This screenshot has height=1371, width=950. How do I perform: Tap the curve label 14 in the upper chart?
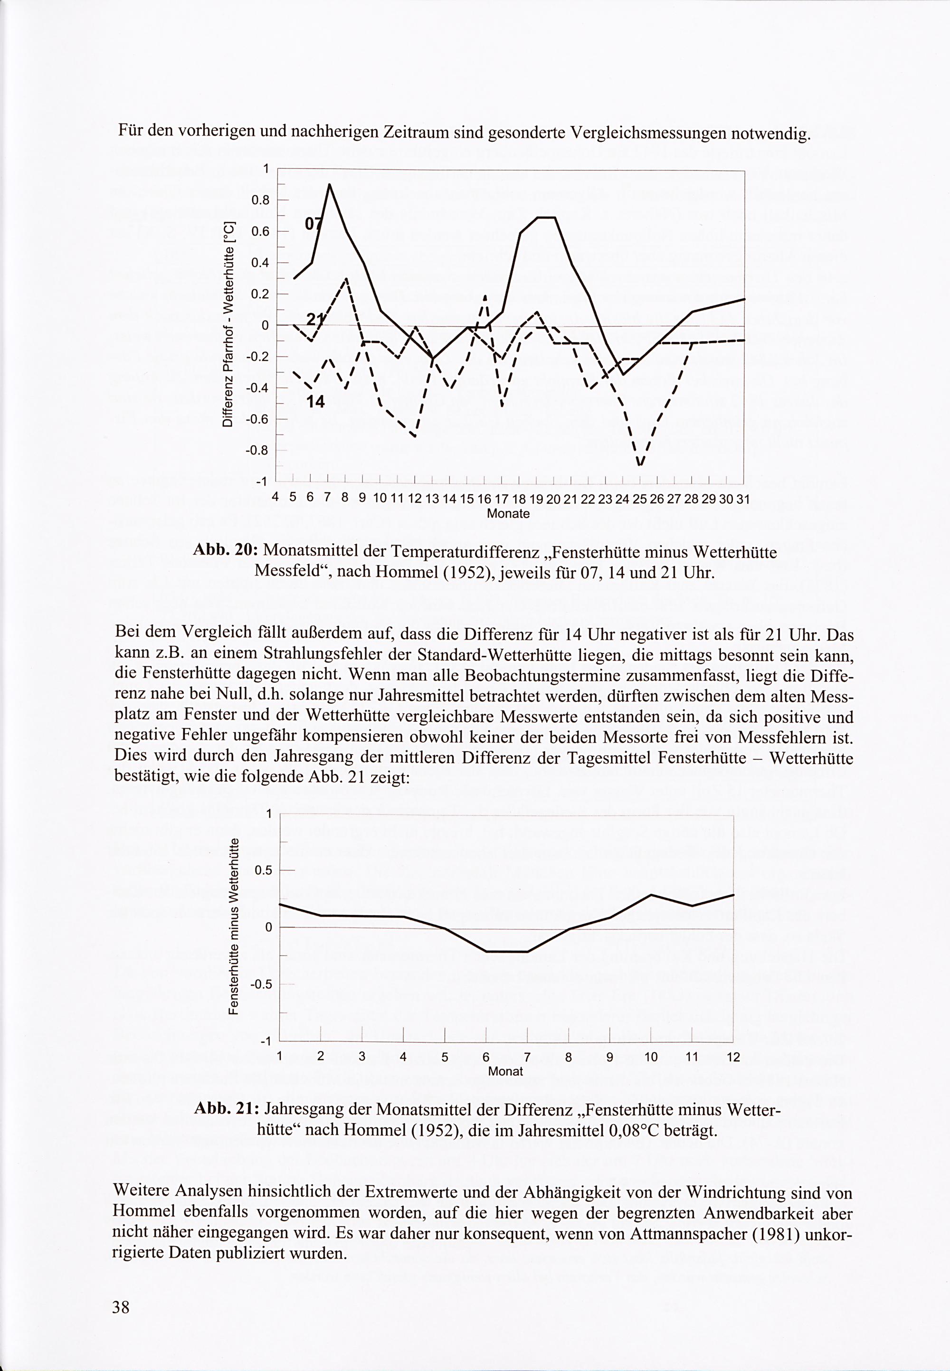pos(315,402)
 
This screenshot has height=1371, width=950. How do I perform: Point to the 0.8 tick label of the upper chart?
pos(261,200)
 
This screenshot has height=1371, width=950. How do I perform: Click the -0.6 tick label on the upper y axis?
pos(258,419)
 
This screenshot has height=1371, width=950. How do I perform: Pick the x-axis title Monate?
pos(508,513)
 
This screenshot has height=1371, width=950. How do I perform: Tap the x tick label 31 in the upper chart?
pos(743,499)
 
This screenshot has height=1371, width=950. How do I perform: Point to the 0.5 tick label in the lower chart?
pos(263,870)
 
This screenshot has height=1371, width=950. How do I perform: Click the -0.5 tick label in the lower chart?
pos(261,984)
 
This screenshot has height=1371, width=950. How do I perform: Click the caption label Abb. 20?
pos(225,551)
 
